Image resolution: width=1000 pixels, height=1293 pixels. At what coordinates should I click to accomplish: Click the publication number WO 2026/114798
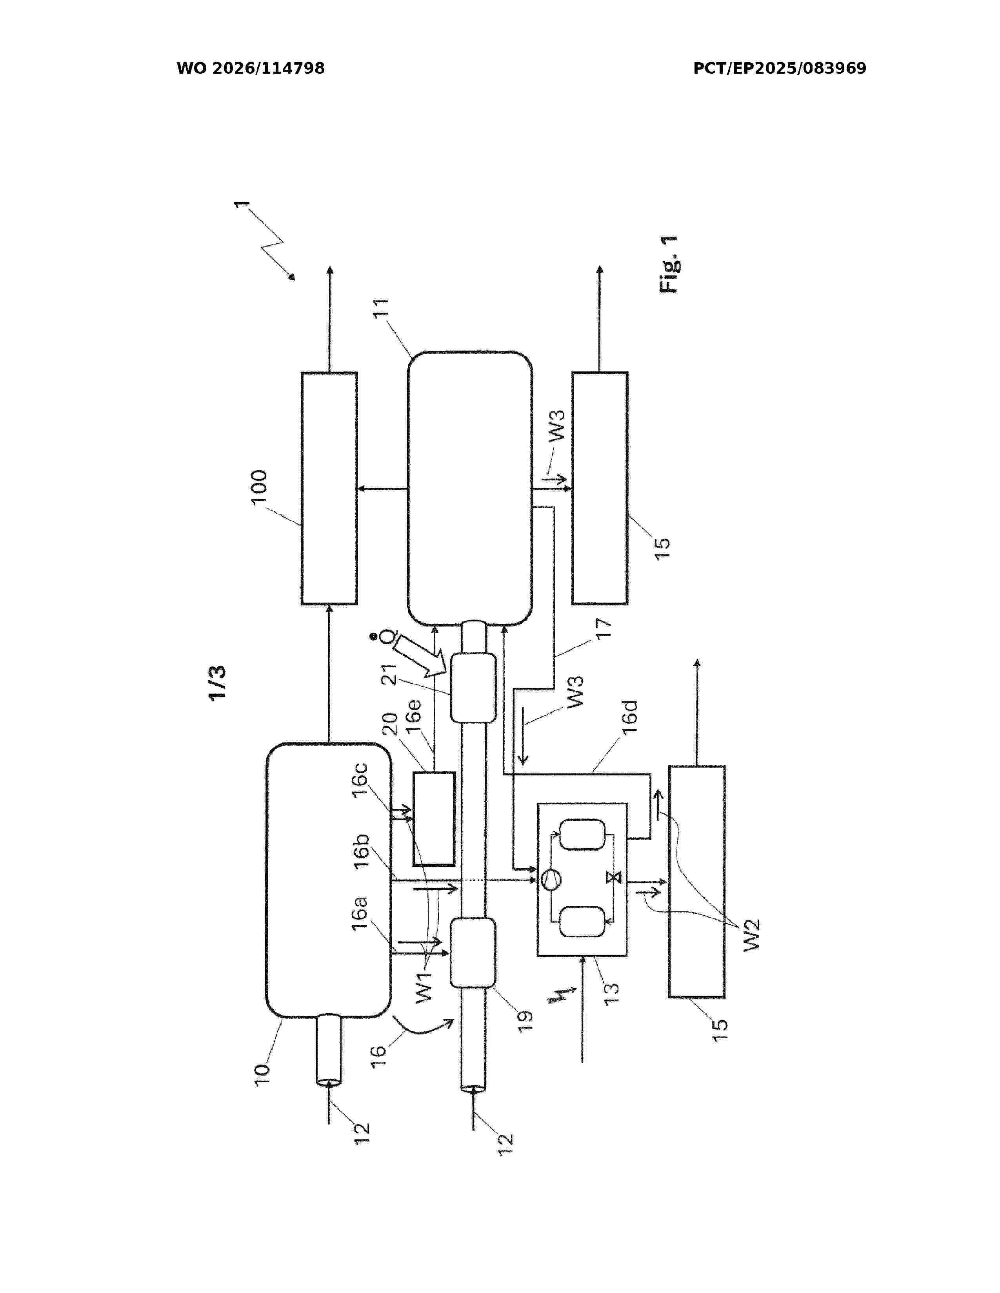(x=251, y=69)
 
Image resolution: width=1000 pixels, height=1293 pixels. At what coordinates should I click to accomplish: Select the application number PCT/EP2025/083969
(x=780, y=69)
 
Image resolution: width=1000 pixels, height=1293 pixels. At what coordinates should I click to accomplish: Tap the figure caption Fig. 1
(x=669, y=264)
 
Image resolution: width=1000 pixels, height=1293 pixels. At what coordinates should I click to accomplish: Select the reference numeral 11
(x=381, y=309)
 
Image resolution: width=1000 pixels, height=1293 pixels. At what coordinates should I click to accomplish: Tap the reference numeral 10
(x=262, y=1073)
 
